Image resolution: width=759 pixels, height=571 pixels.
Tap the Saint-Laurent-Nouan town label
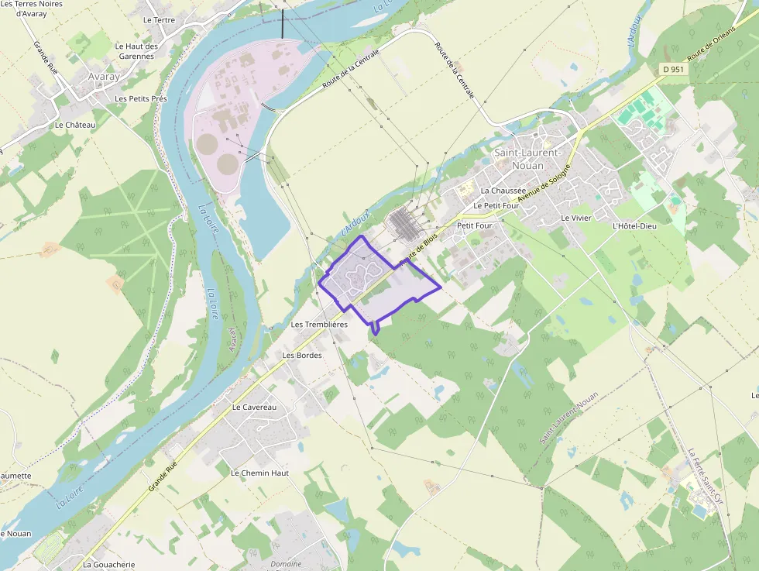click(x=530, y=159)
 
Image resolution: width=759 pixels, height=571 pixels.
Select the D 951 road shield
click(x=673, y=70)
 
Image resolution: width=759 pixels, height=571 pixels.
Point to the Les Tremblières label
click(x=319, y=325)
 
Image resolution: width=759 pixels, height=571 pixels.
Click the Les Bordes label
click(x=302, y=355)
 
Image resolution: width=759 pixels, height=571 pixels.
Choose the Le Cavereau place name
click(x=254, y=407)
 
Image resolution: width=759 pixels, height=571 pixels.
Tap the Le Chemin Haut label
click(x=259, y=473)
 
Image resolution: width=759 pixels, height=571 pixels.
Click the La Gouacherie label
click(x=109, y=565)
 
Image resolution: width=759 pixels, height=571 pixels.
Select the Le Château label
click(x=75, y=125)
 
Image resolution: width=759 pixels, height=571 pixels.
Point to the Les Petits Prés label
click(x=141, y=99)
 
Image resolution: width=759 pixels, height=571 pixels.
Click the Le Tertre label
click(x=159, y=20)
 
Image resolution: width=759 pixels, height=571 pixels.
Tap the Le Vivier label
click(x=576, y=218)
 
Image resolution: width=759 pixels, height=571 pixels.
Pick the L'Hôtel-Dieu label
click(x=634, y=226)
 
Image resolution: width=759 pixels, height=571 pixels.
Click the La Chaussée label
click(x=503, y=190)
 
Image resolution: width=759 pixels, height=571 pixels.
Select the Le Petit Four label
click(x=496, y=206)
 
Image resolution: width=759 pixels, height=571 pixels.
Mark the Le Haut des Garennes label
click(x=136, y=51)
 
